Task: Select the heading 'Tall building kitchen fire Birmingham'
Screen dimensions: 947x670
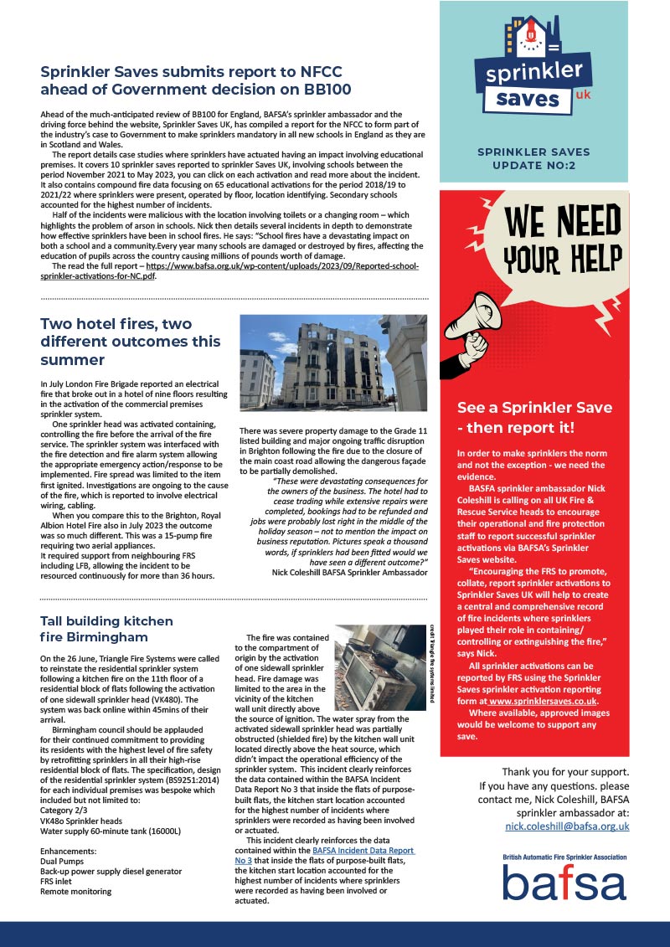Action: coord(107,630)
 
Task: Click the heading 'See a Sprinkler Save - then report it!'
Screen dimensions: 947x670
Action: coord(516,418)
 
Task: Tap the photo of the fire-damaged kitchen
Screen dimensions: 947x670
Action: coord(379,663)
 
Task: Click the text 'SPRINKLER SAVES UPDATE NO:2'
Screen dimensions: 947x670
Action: coord(533,159)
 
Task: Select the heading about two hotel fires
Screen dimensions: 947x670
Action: coord(131,342)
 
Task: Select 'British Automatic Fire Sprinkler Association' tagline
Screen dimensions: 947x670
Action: coord(564,858)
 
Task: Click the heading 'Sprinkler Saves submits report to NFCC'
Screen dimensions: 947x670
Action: coord(190,71)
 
